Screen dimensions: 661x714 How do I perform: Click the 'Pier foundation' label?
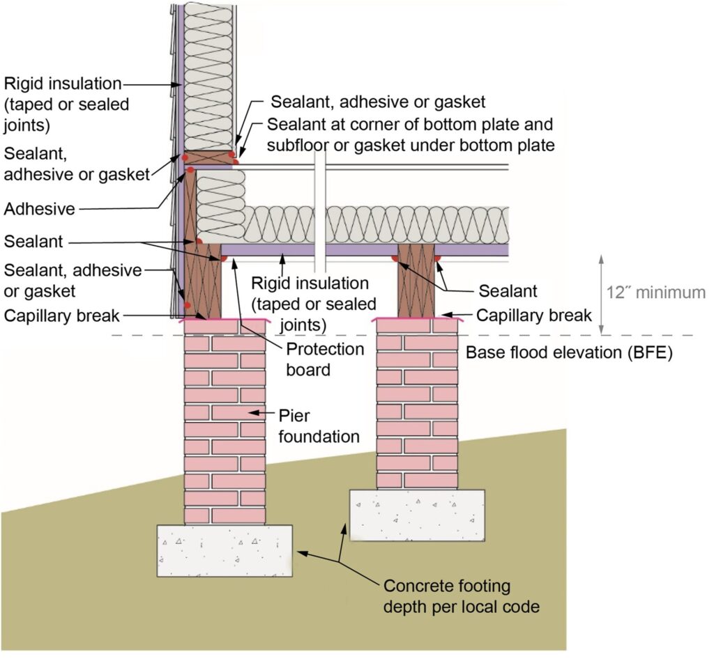click(x=320, y=426)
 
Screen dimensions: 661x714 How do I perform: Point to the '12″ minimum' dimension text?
click(x=655, y=293)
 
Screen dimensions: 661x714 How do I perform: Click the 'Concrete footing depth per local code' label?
click(x=461, y=596)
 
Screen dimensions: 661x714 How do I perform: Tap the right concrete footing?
click(x=416, y=514)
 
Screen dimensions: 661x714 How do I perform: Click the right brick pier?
click(x=417, y=404)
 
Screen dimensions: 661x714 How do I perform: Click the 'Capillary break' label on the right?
click(x=533, y=315)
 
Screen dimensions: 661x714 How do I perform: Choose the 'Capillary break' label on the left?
click(x=62, y=316)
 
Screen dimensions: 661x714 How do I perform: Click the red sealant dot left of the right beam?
click(x=394, y=258)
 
